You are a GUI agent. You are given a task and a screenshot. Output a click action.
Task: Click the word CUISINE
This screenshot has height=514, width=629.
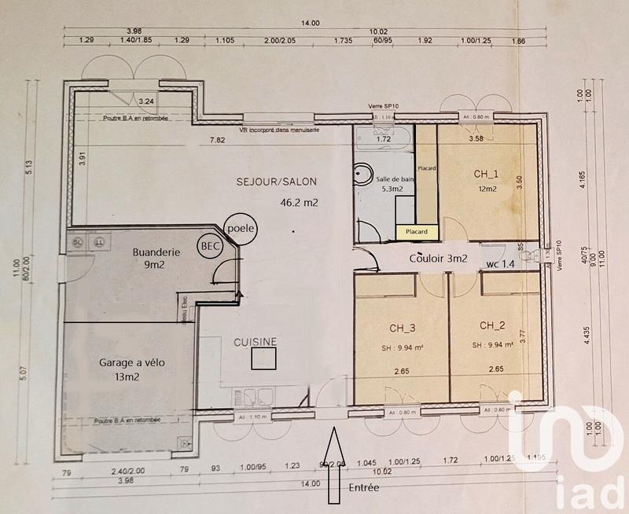[255, 342]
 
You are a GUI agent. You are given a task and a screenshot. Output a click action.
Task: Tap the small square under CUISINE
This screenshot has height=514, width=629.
[263, 360]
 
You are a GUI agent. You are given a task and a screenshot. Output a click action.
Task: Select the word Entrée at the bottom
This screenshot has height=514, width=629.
[362, 488]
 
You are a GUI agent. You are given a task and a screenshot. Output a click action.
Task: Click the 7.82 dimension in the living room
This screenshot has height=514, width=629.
[216, 141]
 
